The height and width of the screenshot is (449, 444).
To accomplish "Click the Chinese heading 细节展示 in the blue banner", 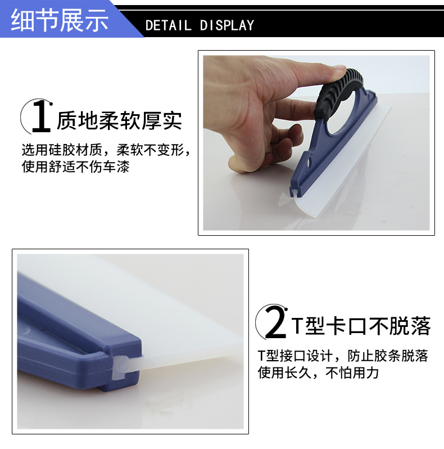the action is [x=60, y=20].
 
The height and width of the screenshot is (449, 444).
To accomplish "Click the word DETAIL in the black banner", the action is [x=168, y=25].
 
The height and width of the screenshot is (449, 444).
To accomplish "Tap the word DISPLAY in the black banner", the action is [x=227, y=25].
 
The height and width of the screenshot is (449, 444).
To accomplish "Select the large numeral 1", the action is [x=42, y=116].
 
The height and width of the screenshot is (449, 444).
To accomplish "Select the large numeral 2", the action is [x=275, y=323].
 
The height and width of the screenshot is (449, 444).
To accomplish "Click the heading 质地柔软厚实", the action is [x=119, y=120].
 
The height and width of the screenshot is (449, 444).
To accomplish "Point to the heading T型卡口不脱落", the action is [x=361, y=326].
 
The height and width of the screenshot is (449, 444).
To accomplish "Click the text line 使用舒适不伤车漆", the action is [x=75, y=167].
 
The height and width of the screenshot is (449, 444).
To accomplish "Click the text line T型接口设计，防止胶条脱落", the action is [x=343, y=356].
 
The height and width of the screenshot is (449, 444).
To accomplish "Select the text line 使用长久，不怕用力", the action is [x=319, y=373].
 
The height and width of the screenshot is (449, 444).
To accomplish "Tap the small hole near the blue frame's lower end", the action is [x=309, y=164].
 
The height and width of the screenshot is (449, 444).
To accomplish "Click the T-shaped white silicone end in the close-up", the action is [x=121, y=367].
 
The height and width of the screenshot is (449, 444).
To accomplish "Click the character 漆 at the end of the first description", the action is [x=123, y=167].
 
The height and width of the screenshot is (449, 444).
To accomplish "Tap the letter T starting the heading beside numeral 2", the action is [x=297, y=326].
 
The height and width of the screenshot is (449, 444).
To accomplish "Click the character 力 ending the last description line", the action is [x=373, y=373].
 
